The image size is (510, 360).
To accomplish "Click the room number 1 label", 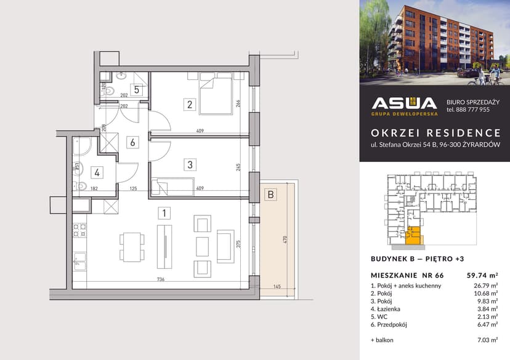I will (164, 214).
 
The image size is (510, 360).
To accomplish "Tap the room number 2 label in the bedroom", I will (190, 104).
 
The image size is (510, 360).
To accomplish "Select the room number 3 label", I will (190, 164).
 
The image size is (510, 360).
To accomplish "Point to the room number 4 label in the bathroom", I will (97, 173).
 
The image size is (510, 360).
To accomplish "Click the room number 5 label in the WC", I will (137, 90).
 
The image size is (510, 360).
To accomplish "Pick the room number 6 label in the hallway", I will (131, 142).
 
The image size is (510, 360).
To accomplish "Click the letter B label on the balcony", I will (270, 195).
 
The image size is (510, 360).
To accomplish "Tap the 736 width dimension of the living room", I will (160, 280).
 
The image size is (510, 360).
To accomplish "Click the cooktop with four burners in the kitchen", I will (79, 231).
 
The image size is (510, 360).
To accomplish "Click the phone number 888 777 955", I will (467, 110).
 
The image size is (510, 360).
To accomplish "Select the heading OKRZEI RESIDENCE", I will (435, 133).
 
